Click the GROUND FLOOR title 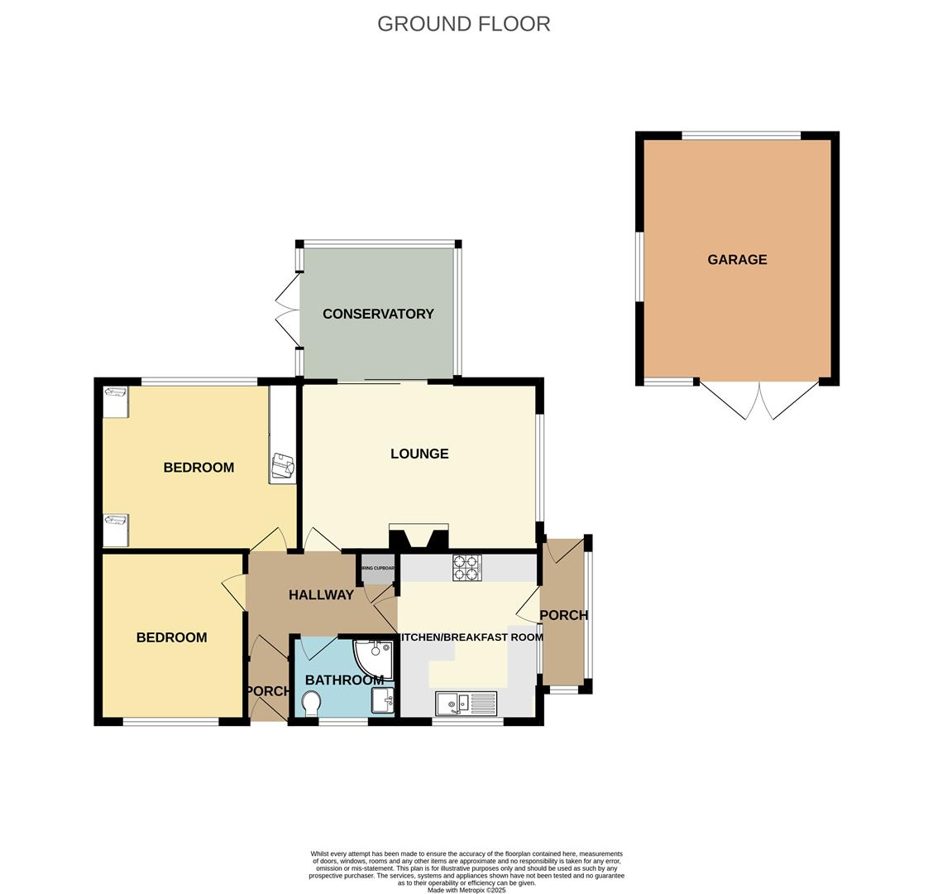click(x=463, y=24)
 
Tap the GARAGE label click(x=736, y=260)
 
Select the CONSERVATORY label click(x=378, y=314)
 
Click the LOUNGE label click(x=419, y=454)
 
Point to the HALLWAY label click(x=321, y=595)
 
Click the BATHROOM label click(x=344, y=680)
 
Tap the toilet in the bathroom click(x=312, y=704)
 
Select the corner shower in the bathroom click(x=375, y=657)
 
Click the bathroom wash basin click(x=383, y=700)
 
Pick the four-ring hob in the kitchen click(x=466, y=567)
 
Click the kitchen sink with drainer click(x=466, y=704)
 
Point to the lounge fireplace click(x=419, y=538)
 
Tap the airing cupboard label click(x=378, y=569)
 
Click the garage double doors click(x=758, y=401)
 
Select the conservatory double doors click(x=287, y=311)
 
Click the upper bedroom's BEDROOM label click(x=199, y=468)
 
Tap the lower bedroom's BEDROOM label click(x=171, y=637)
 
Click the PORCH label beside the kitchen click(x=563, y=616)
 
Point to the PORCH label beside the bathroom click(x=267, y=691)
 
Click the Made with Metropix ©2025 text click(x=466, y=890)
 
